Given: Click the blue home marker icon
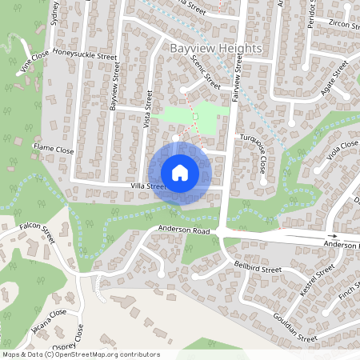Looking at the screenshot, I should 180,173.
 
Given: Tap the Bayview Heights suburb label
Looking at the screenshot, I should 216,49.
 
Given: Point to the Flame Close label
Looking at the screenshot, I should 54,149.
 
